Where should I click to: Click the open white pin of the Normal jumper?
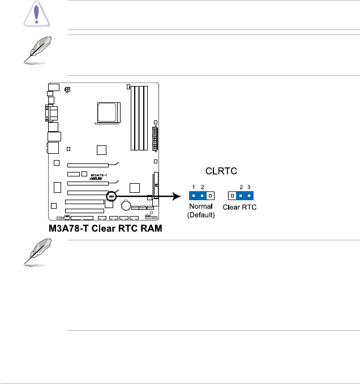pyautogui.click(x=210, y=196)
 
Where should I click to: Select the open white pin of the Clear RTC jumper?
pyautogui.click(x=231, y=196)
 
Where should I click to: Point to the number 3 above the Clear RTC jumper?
pyautogui.click(x=248, y=187)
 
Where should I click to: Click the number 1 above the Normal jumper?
pyautogui.click(x=194, y=187)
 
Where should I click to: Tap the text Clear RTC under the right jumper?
pyautogui.click(x=240, y=208)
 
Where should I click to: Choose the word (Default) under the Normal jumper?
pyautogui.click(x=202, y=215)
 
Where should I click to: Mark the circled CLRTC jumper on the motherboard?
pyautogui.click(x=112, y=196)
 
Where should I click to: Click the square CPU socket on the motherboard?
pyautogui.click(x=108, y=111)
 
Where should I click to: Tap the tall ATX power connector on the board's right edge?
pyautogui.click(x=155, y=136)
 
